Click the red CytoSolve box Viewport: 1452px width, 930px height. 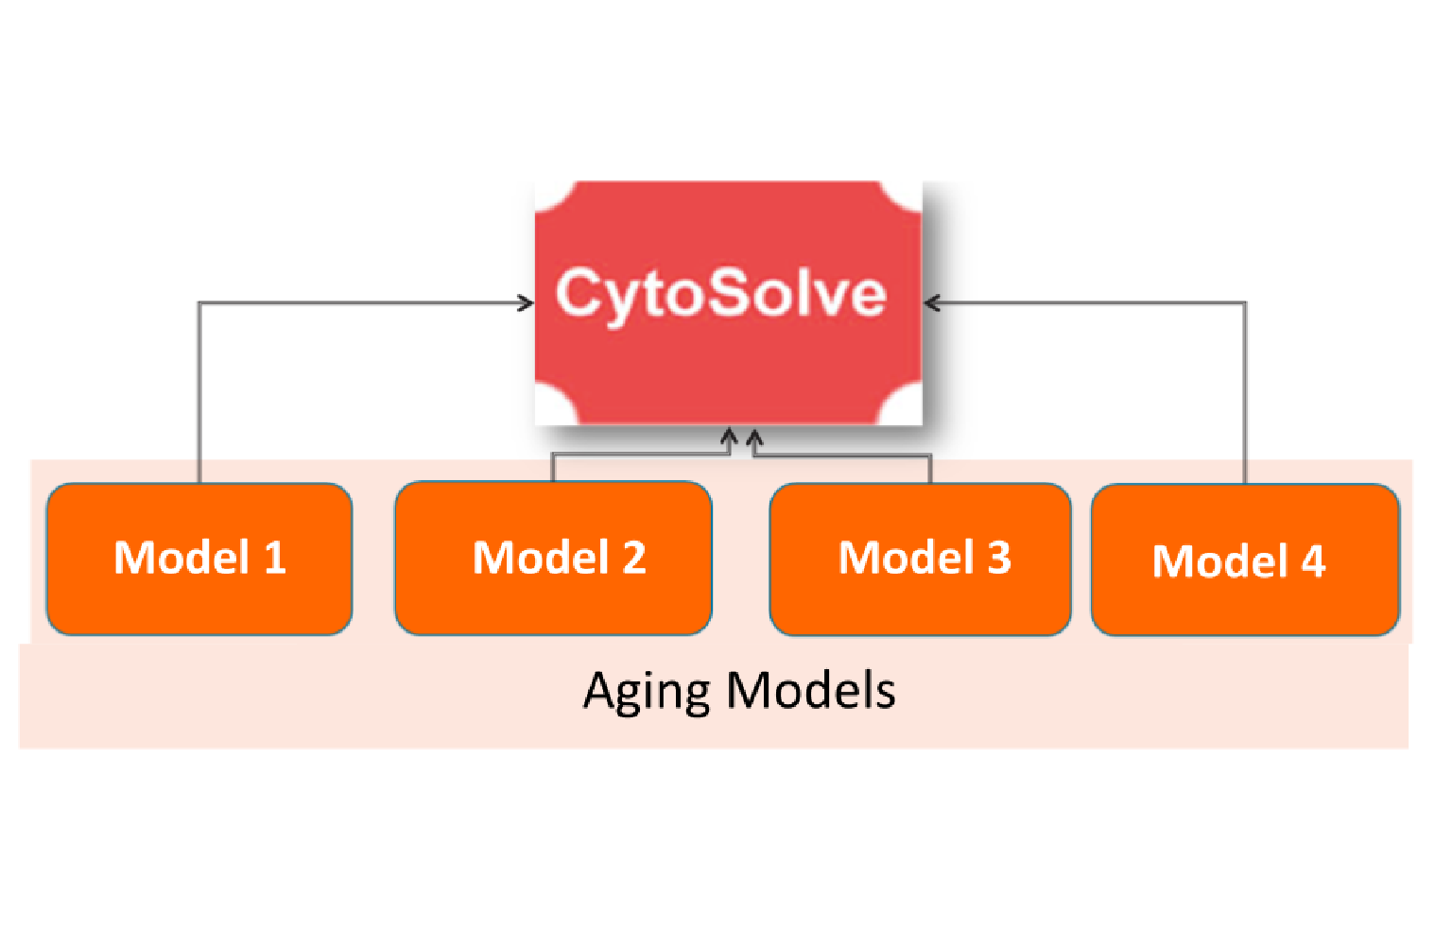coord(728,369)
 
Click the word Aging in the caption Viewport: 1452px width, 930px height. coord(645,692)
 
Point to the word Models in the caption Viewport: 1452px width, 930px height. coord(811,690)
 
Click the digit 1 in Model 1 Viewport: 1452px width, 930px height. coord(275,558)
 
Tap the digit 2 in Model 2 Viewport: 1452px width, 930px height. coord(634,558)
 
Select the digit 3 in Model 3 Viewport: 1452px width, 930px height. coord(999,558)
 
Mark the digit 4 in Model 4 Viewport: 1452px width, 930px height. coord(1313,561)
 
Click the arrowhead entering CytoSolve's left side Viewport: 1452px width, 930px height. coord(527,302)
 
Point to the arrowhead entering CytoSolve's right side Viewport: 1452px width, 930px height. coord(932,302)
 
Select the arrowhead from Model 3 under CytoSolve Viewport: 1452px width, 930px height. coord(754,438)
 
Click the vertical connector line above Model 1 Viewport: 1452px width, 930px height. coord(199,397)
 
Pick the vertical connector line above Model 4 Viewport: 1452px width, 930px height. coord(1245,397)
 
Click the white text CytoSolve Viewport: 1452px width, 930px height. coord(720,293)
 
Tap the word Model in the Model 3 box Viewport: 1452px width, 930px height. coord(906,558)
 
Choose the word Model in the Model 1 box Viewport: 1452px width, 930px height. coord(181,558)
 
